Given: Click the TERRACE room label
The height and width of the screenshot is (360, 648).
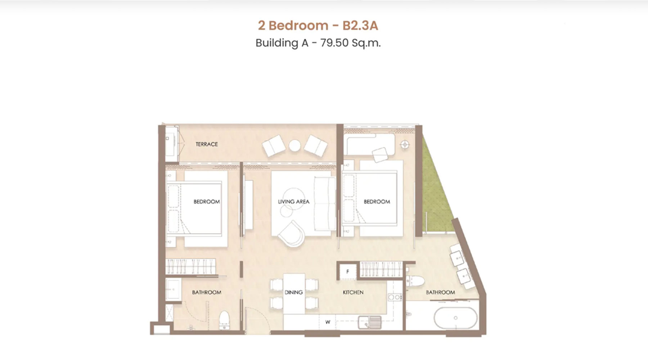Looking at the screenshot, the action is point(207,144).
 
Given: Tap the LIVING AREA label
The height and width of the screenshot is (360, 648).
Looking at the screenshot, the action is point(293,202).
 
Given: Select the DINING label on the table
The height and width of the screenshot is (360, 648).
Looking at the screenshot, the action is point(294,292).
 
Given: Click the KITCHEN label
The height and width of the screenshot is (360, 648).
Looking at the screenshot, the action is point(353,292).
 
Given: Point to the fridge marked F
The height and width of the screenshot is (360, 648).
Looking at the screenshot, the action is point(348,271).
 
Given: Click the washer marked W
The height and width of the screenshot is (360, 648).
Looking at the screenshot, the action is point(328,322).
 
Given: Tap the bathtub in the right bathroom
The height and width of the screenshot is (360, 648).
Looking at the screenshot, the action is point(455,318).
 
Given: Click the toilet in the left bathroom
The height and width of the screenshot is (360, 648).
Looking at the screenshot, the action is point(224,320).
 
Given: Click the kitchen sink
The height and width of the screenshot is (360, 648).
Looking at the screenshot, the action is point(370,321).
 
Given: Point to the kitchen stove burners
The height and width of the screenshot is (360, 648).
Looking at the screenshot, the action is point(395,297).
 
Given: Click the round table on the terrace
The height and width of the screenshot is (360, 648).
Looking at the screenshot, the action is point(294,145).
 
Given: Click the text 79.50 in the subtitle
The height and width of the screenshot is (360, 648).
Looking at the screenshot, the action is point(334,43).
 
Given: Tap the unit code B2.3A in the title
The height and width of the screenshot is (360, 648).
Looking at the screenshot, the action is point(360,26).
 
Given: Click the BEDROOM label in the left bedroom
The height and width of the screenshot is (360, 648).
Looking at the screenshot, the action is point(207,202).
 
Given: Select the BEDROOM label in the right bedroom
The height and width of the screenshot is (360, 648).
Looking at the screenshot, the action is point(377,202).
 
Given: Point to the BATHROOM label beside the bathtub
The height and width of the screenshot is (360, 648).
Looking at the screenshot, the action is point(440,292).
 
